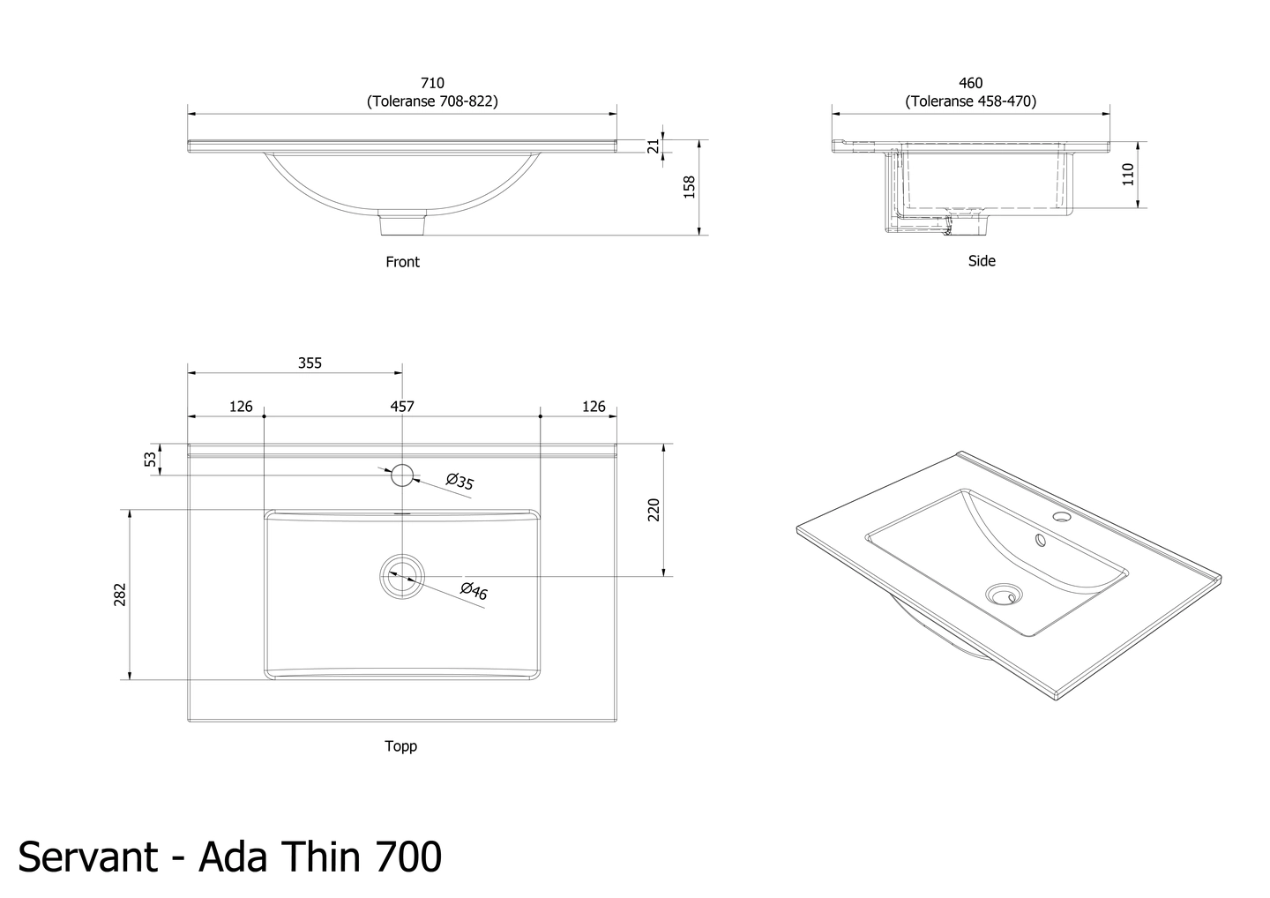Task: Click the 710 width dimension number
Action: point(432,83)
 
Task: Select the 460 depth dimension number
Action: point(970,83)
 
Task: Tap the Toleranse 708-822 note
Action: point(432,101)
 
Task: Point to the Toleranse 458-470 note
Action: point(970,101)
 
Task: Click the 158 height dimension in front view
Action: point(690,187)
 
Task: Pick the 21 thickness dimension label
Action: point(654,146)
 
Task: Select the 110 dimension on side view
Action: point(1128,174)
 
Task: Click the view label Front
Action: point(402,262)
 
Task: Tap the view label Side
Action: point(982,261)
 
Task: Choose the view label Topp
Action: point(400,746)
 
